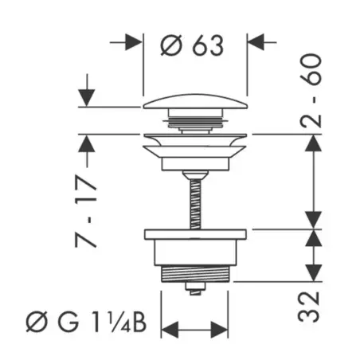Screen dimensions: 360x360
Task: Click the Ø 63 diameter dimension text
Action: [x=192, y=45]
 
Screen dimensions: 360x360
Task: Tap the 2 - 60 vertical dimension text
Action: [x=311, y=91]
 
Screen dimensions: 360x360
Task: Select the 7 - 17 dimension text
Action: [x=85, y=211]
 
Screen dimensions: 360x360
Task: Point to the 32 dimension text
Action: [x=308, y=307]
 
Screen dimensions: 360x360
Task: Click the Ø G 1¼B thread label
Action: [x=86, y=323]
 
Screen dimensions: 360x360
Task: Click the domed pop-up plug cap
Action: [x=195, y=102]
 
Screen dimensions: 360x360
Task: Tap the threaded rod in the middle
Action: [x=195, y=204]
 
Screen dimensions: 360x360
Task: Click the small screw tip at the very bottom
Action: [x=195, y=289]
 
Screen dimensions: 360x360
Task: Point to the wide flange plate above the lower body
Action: [x=195, y=234]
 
